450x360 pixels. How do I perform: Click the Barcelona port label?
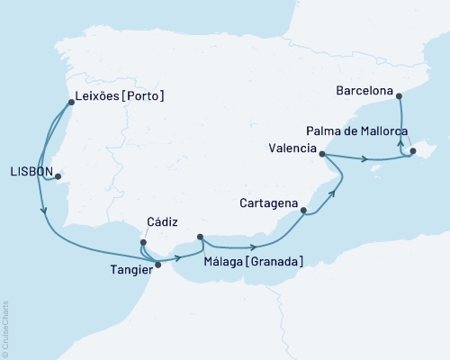click(365, 91)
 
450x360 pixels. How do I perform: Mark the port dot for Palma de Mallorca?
click(412, 151)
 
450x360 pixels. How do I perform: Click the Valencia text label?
click(292, 148)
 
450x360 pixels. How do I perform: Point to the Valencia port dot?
click(322, 154)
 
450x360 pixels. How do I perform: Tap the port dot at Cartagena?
click(303, 211)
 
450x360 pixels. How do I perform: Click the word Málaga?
click(224, 261)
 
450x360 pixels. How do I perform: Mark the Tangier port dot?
click(157, 265)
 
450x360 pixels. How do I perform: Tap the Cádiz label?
click(164, 222)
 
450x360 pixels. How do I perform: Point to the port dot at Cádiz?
click(142, 241)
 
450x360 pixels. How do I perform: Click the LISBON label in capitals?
click(29, 170)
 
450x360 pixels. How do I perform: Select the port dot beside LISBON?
click(58, 175)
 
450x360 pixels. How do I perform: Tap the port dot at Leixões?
click(71, 102)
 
